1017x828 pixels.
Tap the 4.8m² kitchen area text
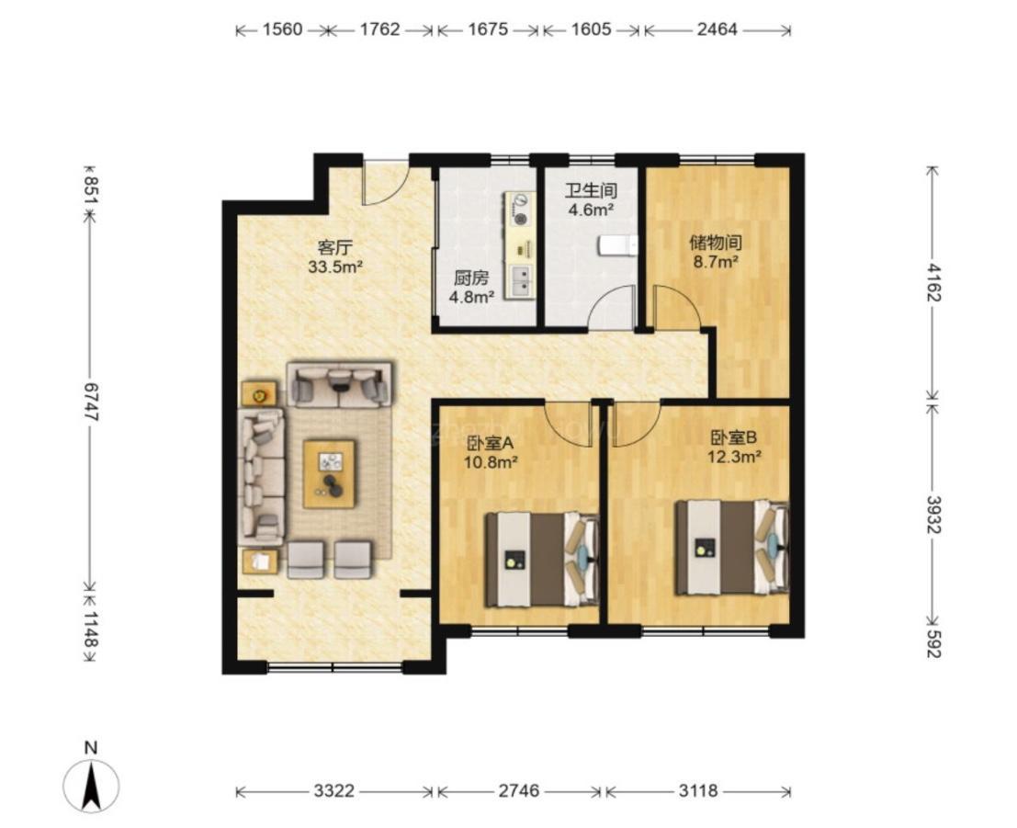click(x=471, y=297)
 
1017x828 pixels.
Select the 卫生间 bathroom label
click(x=591, y=191)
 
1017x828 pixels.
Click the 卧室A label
click(x=491, y=443)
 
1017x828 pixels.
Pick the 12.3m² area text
click(x=733, y=457)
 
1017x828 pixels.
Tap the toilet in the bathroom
click(x=617, y=245)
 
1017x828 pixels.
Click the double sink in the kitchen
click(x=520, y=281)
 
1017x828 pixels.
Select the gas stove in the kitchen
click(x=520, y=210)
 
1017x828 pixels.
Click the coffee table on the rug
click(x=330, y=473)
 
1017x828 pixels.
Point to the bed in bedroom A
click(x=542, y=560)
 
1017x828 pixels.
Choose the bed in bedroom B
click(x=731, y=547)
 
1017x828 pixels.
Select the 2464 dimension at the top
click(x=718, y=29)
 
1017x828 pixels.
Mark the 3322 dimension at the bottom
click(x=334, y=791)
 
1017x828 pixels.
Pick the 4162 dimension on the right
click(x=932, y=282)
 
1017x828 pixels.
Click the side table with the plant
click(x=259, y=394)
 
